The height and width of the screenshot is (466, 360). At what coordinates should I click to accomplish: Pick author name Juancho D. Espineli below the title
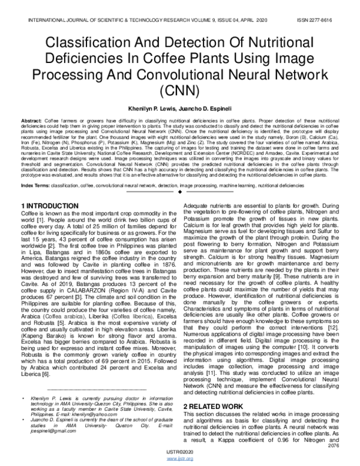click(212, 106)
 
